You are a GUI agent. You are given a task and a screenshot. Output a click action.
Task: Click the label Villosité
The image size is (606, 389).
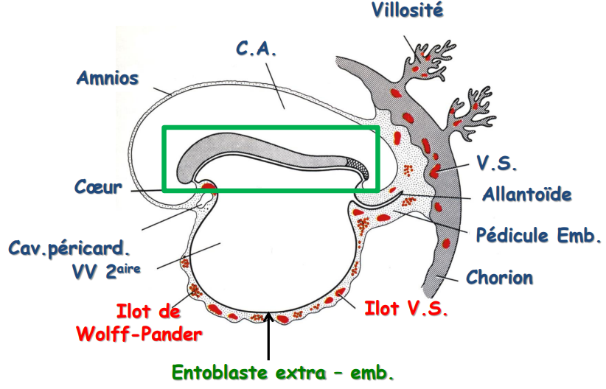point(407,11)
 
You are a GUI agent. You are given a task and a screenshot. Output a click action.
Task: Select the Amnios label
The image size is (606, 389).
point(108,77)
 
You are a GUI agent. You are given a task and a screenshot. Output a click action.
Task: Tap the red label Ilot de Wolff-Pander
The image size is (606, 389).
point(139,322)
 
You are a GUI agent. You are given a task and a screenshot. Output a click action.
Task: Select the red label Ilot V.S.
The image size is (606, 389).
point(406,309)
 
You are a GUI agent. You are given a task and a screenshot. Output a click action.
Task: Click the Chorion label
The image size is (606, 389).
point(499,278)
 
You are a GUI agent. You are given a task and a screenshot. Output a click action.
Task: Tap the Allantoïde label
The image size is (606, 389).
point(527,195)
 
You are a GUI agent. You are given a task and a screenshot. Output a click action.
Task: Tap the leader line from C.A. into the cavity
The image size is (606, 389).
point(272,85)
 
